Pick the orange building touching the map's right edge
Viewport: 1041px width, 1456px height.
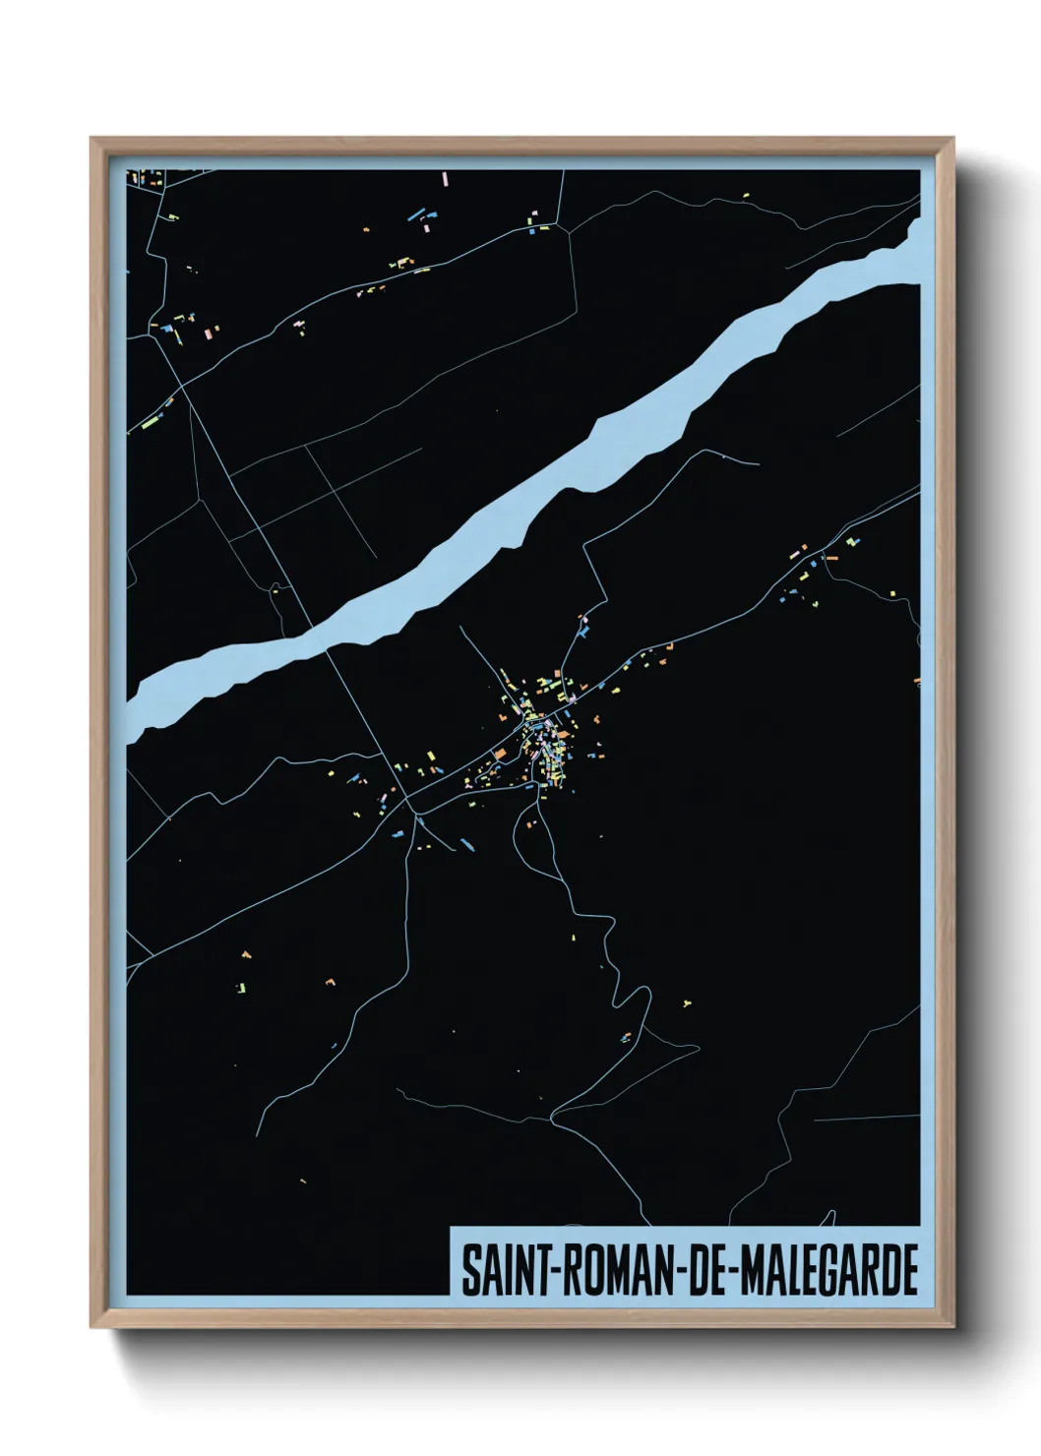pyautogui.click(x=916, y=679)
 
